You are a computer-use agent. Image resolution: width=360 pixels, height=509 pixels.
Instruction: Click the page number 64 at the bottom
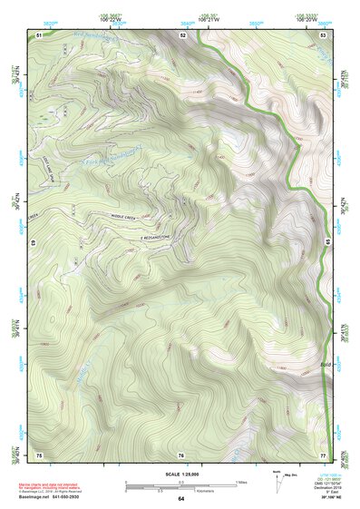pos(181,498)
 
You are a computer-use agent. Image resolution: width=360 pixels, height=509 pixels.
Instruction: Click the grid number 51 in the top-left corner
pos(39,34)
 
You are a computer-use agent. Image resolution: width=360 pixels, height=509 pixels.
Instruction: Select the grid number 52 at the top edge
pos(182,34)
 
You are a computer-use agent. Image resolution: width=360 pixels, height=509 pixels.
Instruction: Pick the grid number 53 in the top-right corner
pos(323,34)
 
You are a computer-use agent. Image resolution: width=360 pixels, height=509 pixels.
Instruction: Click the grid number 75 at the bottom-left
pos(39,453)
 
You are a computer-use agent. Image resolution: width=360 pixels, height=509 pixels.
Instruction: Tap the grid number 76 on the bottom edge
pos(181,454)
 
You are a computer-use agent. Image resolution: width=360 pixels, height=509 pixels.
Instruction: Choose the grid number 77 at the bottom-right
pos(323,453)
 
